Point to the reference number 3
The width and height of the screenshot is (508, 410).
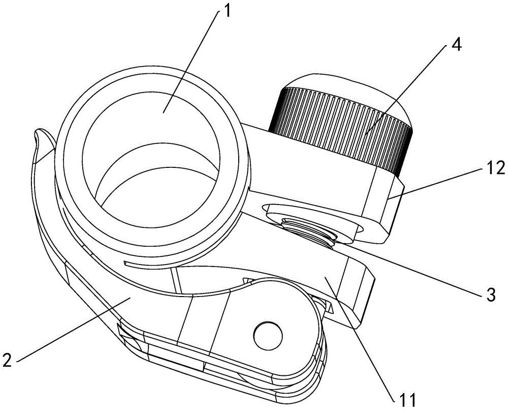491,296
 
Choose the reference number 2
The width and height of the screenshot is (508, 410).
7,360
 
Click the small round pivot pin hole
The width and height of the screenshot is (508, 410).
267,335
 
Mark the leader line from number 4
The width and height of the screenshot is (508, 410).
406,89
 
